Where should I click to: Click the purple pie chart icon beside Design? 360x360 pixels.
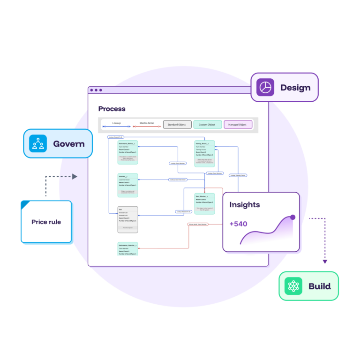[x=265, y=88]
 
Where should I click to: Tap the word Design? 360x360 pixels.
[x=295, y=88]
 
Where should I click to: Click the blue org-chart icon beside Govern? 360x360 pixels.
[x=38, y=143]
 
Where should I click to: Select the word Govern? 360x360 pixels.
[x=69, y=143]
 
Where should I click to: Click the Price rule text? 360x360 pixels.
[x=46, y=222]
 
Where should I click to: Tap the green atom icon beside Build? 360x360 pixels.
[x=293, y=286]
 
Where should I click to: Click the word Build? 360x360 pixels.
[x=320, y=286]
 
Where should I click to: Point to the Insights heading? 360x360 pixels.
[x=245, y=205]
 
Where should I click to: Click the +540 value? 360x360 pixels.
[x=238, y=224]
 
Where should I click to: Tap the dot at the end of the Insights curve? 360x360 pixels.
[x=293, y=217]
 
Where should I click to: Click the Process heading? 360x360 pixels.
[x=112, y=109]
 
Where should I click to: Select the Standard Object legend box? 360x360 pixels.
[x=177, y=125]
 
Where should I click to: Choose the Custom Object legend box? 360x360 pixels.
[x=207, y=125]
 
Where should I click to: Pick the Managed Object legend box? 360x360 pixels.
[x=238, y=125]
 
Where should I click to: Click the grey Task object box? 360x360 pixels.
[x=127, y=219]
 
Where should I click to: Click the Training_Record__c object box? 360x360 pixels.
[x=204, y=154]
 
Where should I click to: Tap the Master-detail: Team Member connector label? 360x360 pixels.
[x=198, y=224]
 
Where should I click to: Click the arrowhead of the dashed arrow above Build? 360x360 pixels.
[x=325, y=262]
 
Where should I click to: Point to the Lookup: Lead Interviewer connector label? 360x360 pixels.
[x=178, y=180]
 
